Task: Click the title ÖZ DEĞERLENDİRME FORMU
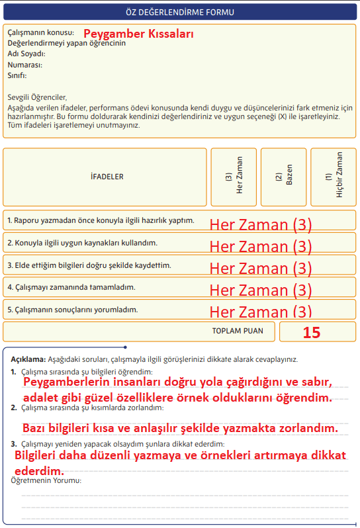click(180, 12)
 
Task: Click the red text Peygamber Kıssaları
click(138, 32)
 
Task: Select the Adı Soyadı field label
click(26, 54)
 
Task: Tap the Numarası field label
click(25, 65)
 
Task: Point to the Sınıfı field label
click(17, 75)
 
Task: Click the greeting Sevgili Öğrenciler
click(38, 97)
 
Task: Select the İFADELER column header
click(107, 177)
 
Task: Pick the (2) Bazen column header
click(284, 177)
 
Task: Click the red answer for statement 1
click(260, 224)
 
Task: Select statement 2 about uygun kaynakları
click(83, 243)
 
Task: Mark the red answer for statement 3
click(260, 268)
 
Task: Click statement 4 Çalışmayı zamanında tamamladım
click(71, 287)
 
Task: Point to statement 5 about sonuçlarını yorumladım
click(73, 309)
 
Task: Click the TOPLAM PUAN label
click(238, 331)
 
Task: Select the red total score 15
click(312, 332)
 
